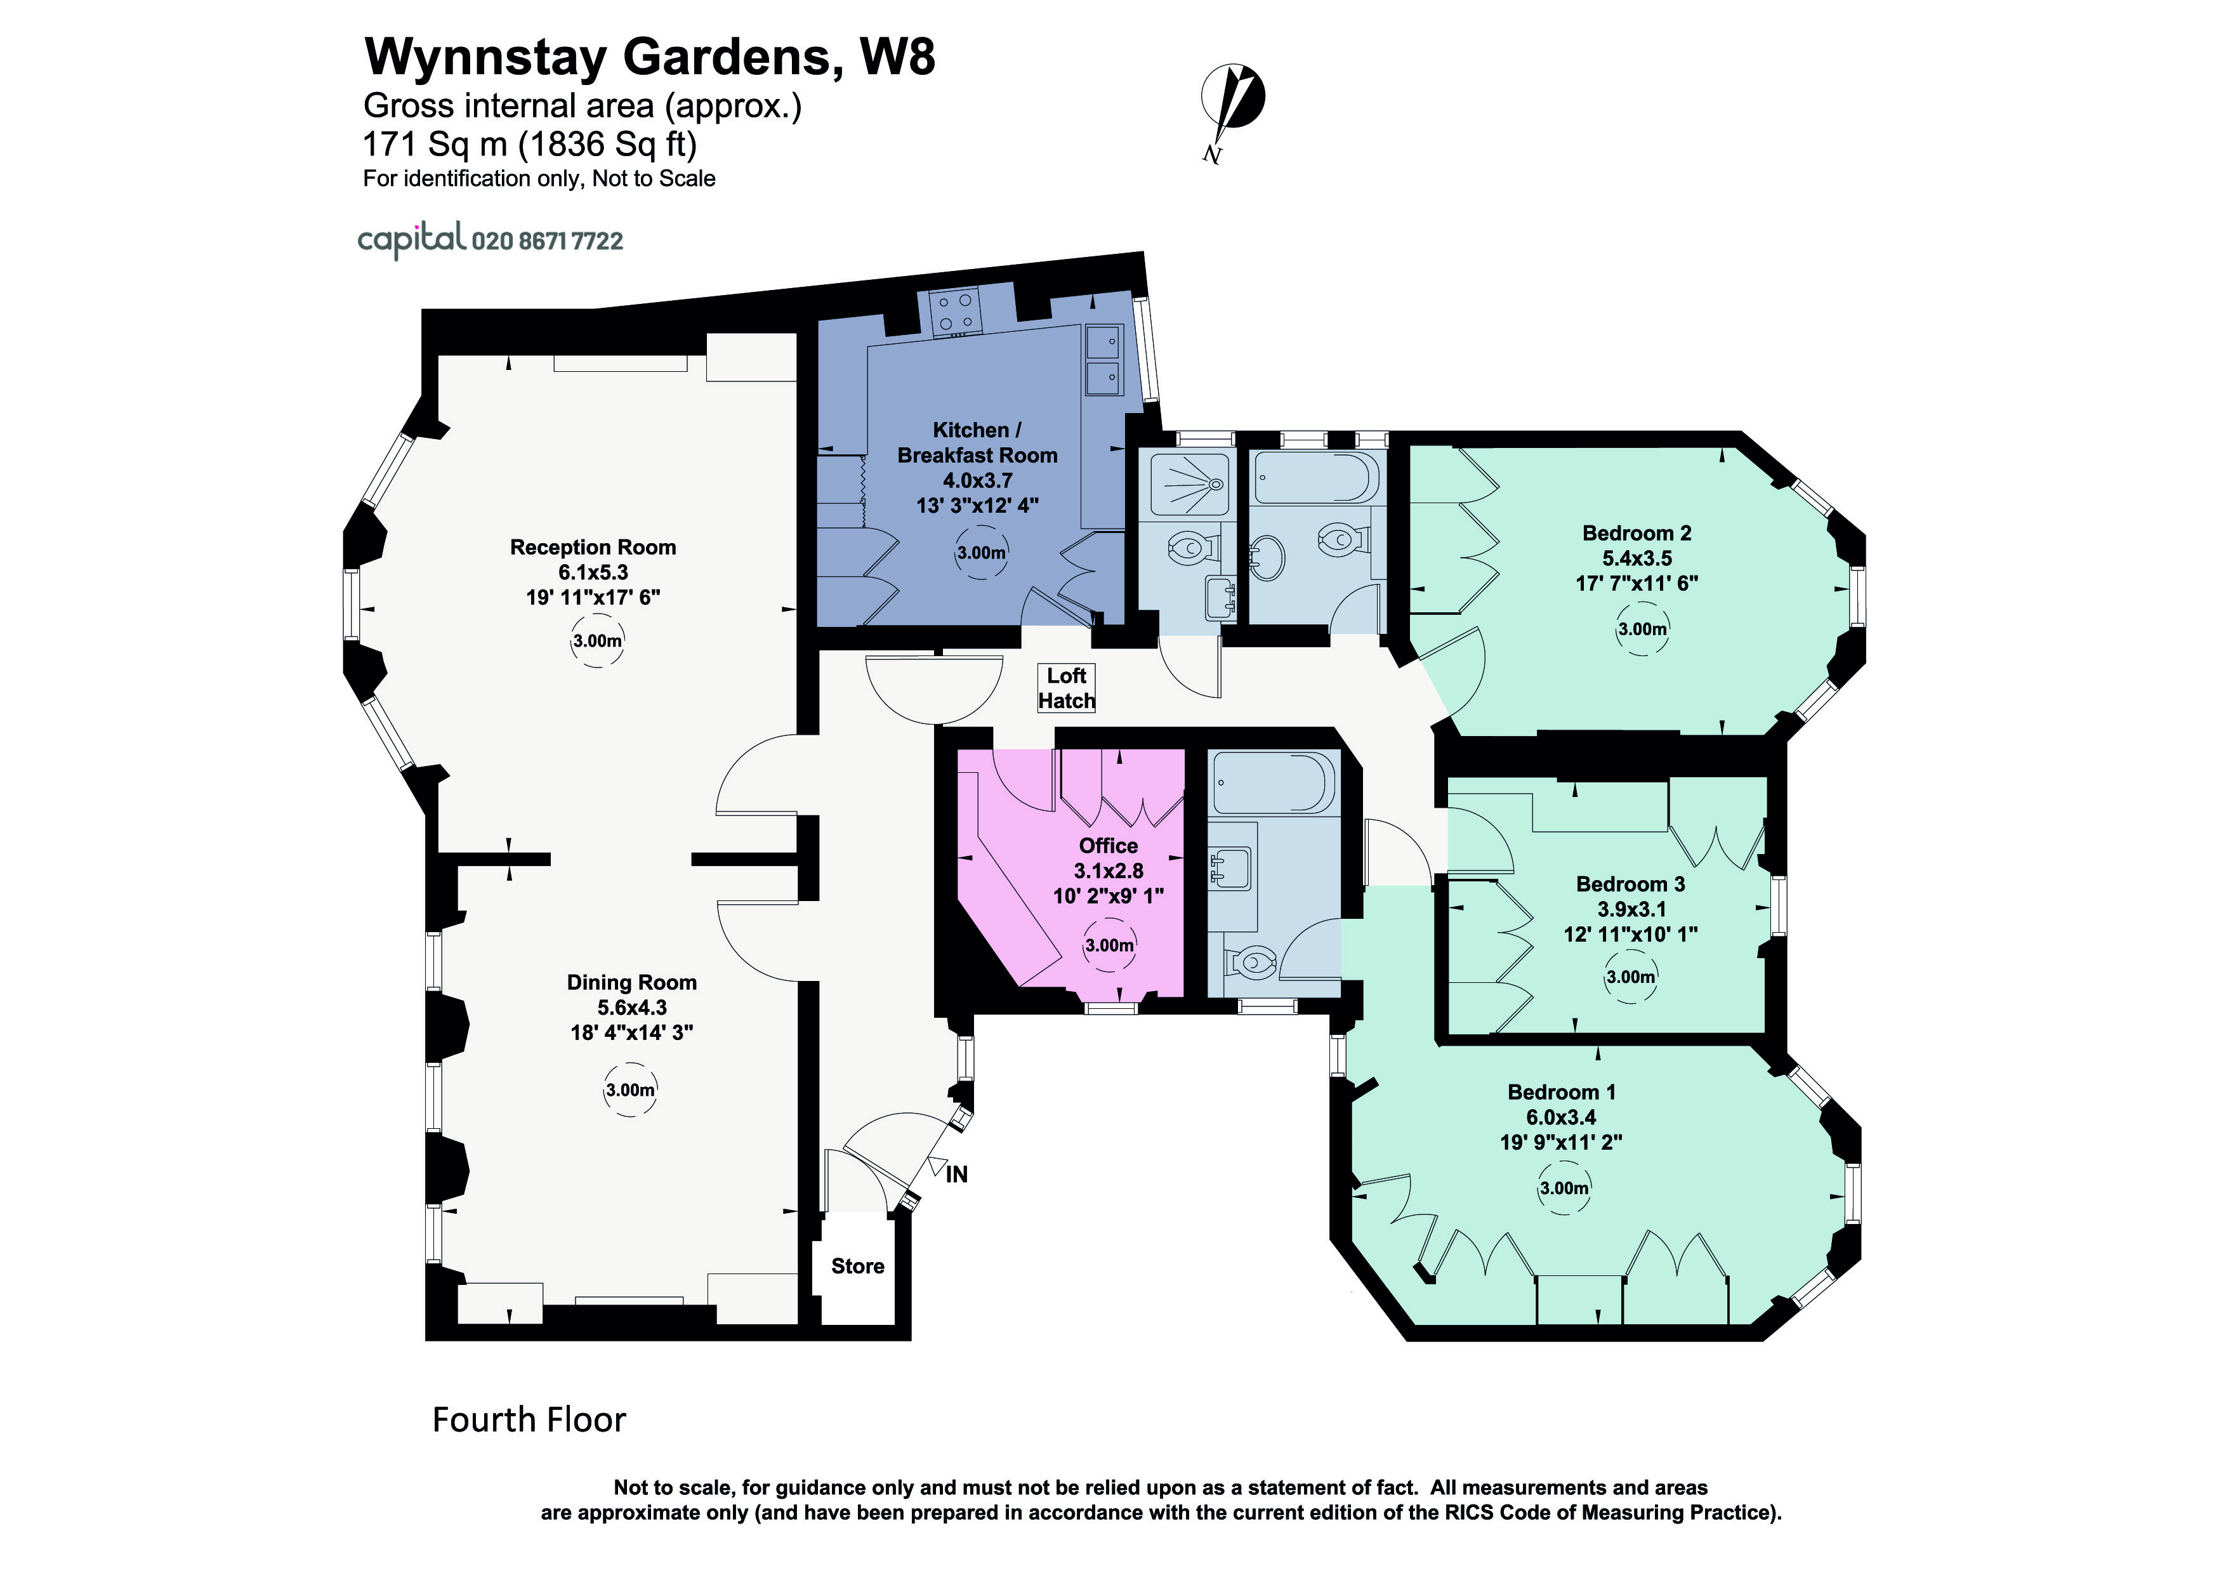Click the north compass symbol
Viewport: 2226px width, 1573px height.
click(x=1232, y=102)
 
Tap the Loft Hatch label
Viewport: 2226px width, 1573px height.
click(x=1067, y=688)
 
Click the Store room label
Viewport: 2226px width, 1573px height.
click(x=857, y=1266)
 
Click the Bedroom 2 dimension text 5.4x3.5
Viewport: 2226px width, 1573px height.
click(x=1637, y=558)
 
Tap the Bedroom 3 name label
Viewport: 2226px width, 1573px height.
click(x=1630, y=884)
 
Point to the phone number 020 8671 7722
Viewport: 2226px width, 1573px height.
click(x=547, y=240)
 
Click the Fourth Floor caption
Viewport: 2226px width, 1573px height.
click(x=529, y=1420)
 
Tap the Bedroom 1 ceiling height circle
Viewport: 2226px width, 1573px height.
click(x=1564, y=1188)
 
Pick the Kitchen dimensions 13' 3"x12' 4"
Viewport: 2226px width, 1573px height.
click(x=977, y=505)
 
